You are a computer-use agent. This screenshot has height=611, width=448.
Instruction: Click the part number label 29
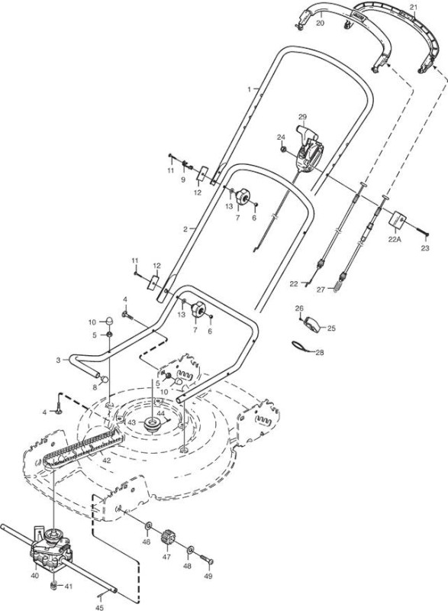point(302,117)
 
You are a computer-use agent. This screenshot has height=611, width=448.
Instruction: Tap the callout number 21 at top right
point(414,7)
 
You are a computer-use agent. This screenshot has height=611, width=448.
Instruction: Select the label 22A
point(395,240)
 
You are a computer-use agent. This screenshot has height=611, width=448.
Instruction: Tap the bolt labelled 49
point(207,560)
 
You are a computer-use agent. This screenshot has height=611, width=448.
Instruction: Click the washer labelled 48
point(191,550)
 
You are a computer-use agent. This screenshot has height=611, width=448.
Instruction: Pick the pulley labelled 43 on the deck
point(152,423)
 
